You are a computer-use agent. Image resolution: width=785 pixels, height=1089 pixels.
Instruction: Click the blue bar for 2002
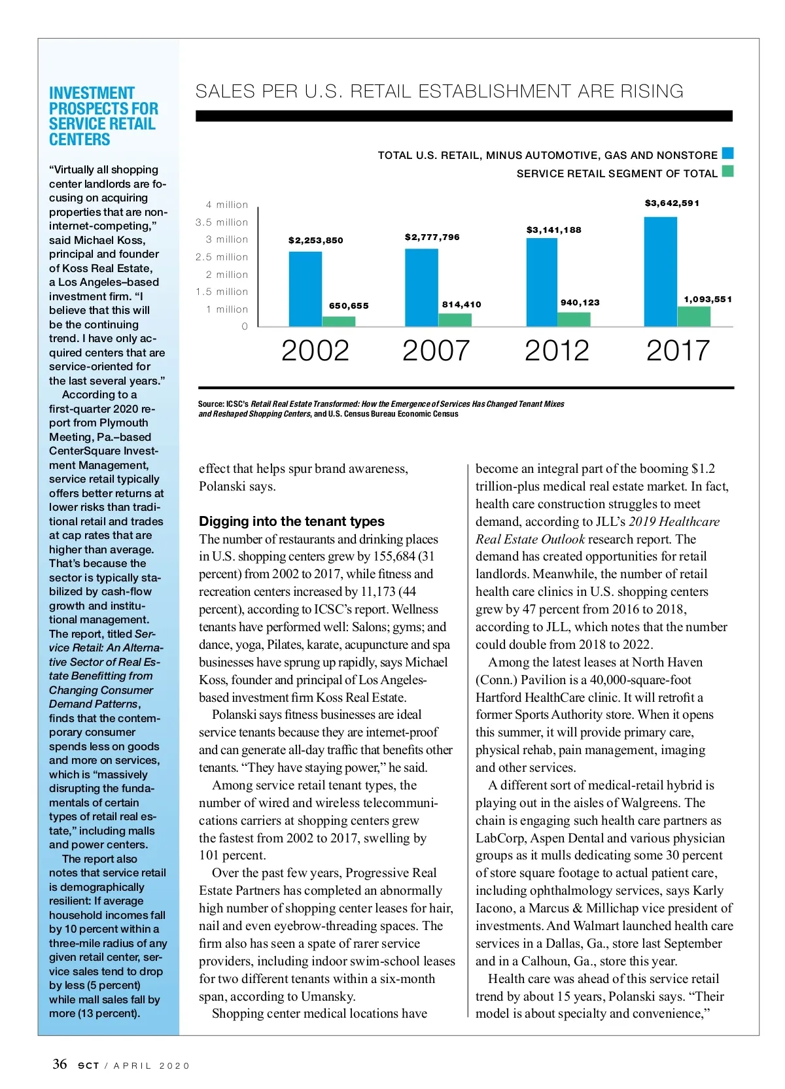click(305, 288)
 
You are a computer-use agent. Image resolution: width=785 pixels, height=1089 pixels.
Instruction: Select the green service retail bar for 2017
click(694, 316)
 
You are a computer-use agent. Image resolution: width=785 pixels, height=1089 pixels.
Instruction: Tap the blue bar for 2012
click(542, 282)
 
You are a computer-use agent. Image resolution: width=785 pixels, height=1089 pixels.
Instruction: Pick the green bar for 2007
click(455, 320)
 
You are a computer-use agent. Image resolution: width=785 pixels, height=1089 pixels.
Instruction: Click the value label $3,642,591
click(672, 203)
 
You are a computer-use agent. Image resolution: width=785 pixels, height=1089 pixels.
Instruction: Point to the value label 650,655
click(349, 305)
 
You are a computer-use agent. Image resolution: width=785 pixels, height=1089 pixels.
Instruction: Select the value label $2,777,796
click(432, 237)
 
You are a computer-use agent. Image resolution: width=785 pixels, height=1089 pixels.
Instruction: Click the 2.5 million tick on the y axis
click(222, 257)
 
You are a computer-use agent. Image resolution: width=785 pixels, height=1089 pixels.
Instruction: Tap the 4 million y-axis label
click(227, 205)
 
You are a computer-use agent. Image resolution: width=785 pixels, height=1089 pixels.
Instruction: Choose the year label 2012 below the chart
click(557, 351)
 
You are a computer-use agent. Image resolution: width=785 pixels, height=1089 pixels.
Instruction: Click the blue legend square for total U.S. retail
click(727, 154)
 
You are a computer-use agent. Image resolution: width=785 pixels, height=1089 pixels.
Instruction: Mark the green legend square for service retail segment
click(727, 172)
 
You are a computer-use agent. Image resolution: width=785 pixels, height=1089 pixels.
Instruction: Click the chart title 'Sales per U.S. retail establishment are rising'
click(439, 92)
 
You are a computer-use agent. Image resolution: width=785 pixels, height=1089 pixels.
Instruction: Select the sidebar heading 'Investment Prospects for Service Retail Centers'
click(103, 116)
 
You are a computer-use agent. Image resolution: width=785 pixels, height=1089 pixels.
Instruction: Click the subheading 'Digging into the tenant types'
click(292, 521)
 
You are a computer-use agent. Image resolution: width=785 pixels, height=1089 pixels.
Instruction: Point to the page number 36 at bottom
click(60, 1064)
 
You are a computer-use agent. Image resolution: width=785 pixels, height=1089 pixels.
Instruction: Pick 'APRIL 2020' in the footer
click(151, 1065)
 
